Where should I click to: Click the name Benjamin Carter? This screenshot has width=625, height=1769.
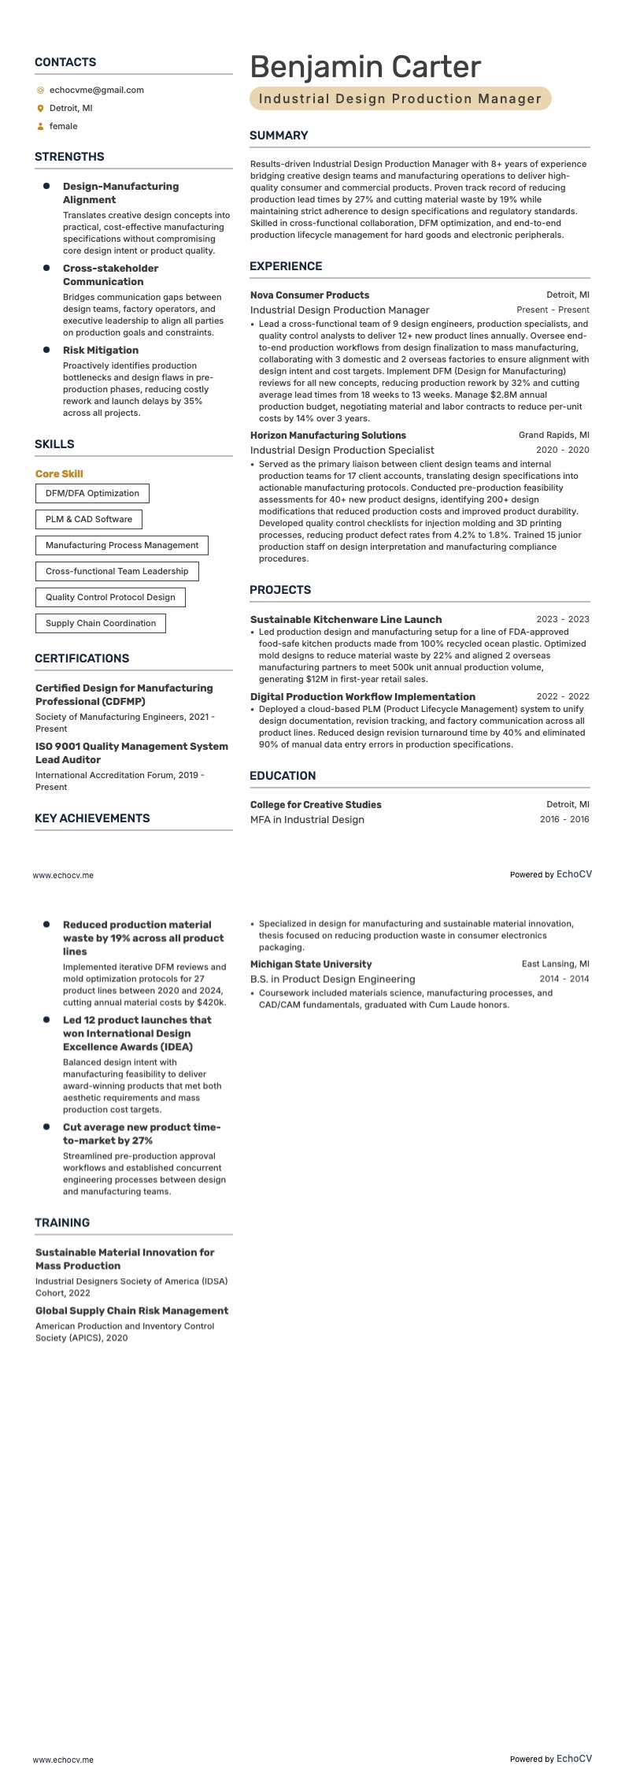click(365, 67)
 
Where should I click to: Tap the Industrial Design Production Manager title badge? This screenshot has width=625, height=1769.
click(400, 98)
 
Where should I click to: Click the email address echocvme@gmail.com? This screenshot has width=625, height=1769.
click(96, 90)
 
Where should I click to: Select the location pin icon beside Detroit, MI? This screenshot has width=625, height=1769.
click(40, 109)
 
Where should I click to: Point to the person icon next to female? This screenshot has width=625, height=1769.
click(40, 127)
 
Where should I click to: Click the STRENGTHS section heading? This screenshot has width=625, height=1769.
click(69, 157)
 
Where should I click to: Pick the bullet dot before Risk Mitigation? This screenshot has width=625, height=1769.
click(46, 350)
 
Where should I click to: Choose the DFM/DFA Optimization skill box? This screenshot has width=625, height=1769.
click(92, 494)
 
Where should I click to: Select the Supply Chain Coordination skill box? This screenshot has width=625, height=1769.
click(101, 624)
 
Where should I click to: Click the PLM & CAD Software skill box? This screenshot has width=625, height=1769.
click(89, 520)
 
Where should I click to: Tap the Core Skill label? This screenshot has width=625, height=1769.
click(59, 474)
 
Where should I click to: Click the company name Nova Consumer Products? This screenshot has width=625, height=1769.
click(309, 295)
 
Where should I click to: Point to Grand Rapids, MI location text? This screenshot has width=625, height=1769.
click(553, 436)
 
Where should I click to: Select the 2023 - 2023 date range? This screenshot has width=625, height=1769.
click(562, 620)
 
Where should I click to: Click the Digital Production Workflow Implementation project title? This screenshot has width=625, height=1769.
click(362, 697)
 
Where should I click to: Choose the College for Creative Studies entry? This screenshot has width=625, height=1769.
click(316, 805)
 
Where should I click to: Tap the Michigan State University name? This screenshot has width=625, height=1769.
click(311, 964)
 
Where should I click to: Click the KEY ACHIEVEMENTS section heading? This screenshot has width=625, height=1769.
click(92, 818)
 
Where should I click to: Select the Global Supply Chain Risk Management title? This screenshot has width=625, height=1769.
click(131, 1311)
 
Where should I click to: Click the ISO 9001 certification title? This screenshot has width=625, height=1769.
click(131, 753)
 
